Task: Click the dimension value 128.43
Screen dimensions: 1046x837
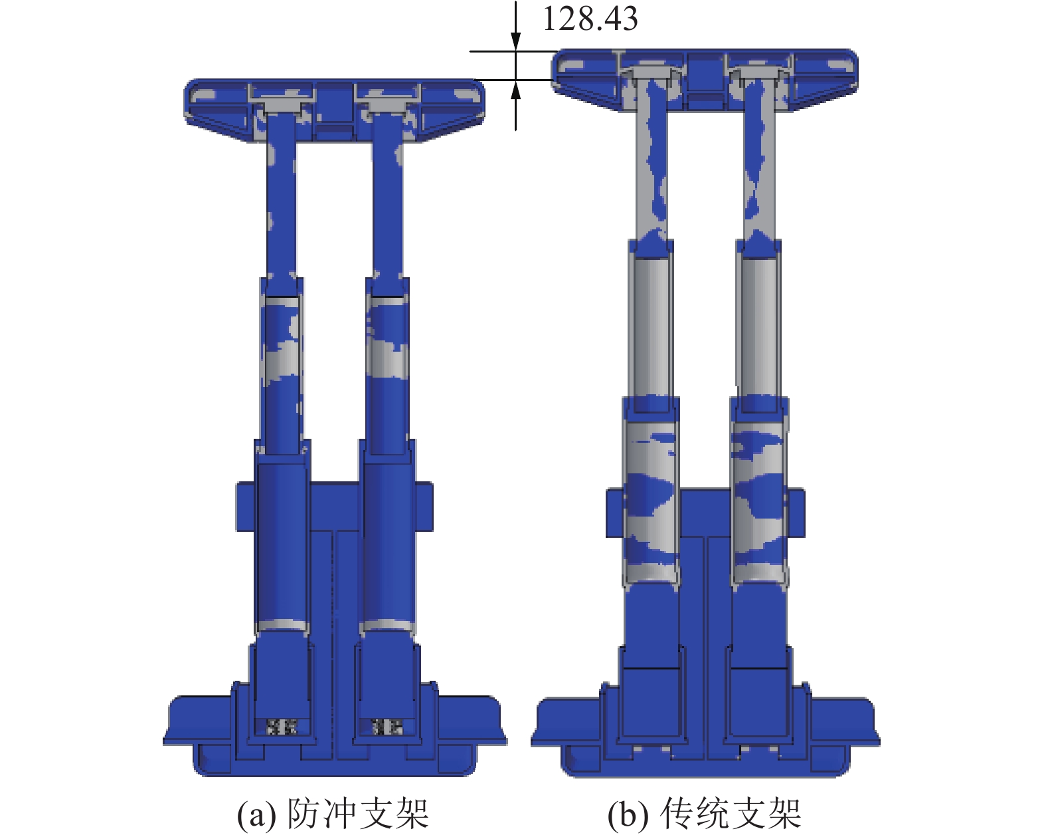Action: [590, 19]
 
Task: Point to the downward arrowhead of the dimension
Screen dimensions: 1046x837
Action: [516, 41]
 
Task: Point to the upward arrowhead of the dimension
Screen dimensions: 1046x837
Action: [516, 89]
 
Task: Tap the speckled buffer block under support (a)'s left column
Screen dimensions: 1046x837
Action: [282, 727]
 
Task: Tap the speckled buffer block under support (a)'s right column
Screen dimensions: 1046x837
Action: [387, 727]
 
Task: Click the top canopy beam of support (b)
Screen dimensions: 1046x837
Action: [704, 80]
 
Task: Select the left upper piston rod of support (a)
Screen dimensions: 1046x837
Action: [282, 195]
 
